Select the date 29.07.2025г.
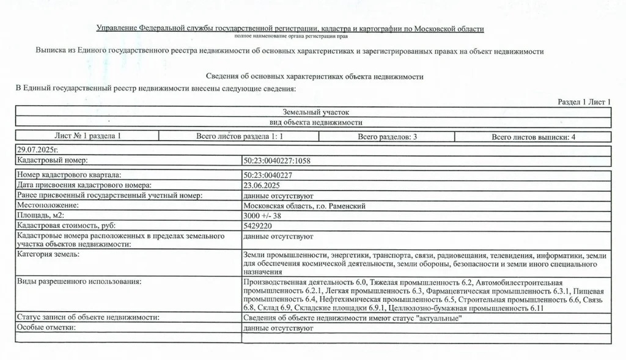click(x=37, y=149)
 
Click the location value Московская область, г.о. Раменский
click(x=304, y=206)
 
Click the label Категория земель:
click(x=48, y=254)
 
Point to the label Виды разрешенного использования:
click(x=79, y=282)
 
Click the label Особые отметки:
click(x=46, y=328)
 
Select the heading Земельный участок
click(x=315, y=112)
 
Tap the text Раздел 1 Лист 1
click(x=584, y=101)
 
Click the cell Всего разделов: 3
click(x=387, y=137)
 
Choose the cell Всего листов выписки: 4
click(x=533, y=137)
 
